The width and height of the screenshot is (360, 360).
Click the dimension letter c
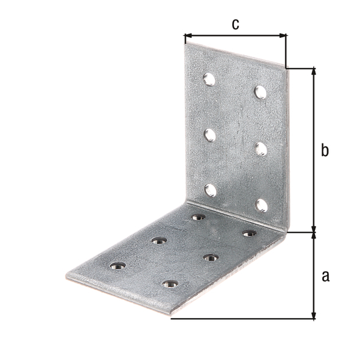click(236, 25)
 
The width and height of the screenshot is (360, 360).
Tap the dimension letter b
click(325, 150)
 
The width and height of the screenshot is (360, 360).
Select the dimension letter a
click(326, 276)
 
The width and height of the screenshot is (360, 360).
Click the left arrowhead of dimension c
click(188, 35)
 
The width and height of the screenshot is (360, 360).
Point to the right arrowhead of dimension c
click(283, 35)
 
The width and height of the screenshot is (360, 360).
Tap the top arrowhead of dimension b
click(314, 71)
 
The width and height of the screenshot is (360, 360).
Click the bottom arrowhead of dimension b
click(314, 229)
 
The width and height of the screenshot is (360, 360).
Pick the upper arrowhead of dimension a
click(314, 236)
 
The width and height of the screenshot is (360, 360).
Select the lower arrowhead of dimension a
click(314, 315)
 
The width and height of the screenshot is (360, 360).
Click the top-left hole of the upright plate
click(209, 79)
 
